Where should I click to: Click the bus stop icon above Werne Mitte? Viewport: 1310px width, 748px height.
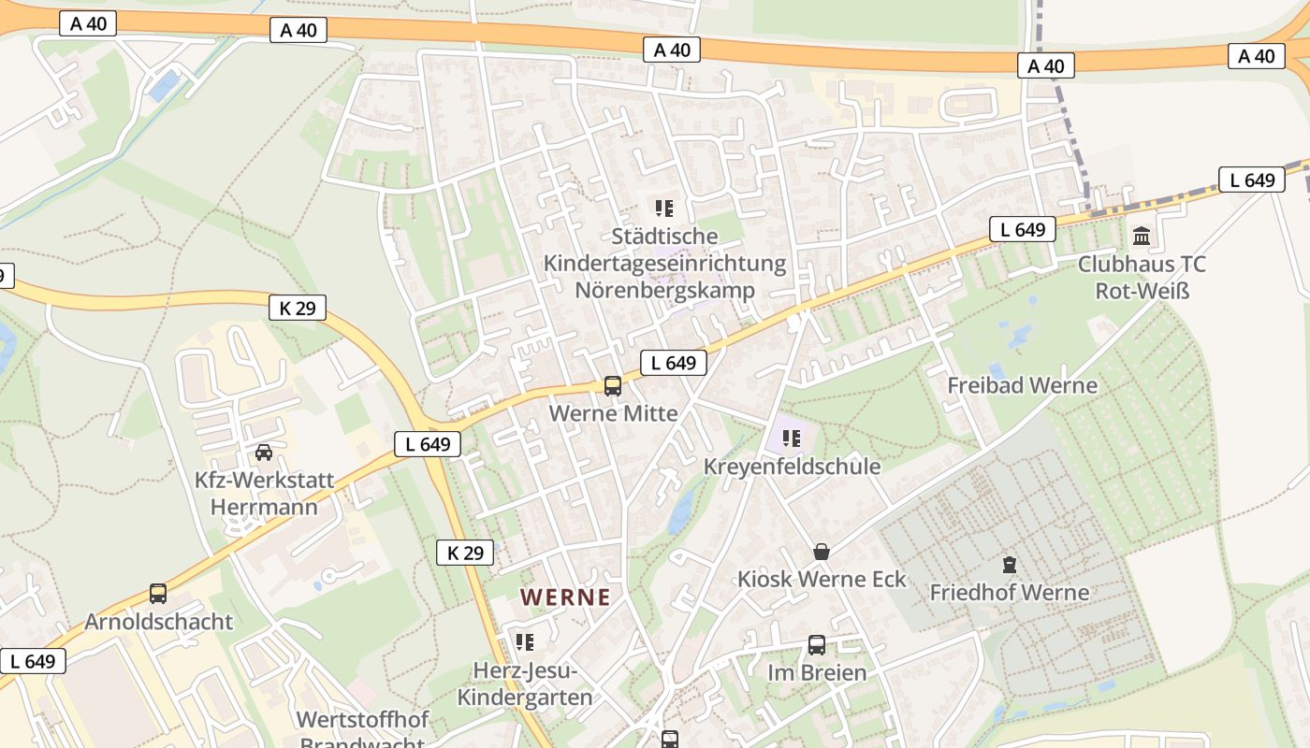(x=613, y=385)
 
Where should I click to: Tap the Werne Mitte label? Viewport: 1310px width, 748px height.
(x=613, y=412)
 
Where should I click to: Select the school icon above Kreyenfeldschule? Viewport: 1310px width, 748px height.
(x=792, y=438)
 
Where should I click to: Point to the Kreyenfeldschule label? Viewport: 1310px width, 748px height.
(x=792, y=466)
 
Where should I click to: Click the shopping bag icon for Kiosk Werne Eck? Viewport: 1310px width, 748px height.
(x=821, y=552)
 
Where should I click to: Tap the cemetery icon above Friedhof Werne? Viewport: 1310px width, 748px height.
(x=1009, y=565)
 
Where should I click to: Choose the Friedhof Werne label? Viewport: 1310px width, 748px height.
(x=1009, y=592)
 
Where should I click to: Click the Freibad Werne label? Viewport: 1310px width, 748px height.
(x=1022, y=385)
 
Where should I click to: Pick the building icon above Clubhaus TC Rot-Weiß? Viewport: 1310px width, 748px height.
(x=1142, y=236)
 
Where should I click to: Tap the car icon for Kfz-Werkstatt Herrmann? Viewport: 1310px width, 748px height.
(x=264, y=453)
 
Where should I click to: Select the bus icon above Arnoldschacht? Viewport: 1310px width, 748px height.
(x=158, y=594)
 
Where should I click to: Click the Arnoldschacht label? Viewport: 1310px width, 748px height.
(x=158, y=621)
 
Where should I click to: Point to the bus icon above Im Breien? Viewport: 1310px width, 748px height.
(x=817, y=645)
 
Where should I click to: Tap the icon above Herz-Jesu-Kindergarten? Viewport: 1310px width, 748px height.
(x=524, y=642)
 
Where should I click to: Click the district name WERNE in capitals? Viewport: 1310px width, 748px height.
(x=565, y=597)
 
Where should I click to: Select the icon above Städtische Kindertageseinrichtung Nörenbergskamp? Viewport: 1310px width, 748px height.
(x=664, y=208)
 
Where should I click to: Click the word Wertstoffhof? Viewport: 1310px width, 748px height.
(x=362, y=720)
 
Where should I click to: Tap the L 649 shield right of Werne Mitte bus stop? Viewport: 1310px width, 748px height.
(x=673, y=363)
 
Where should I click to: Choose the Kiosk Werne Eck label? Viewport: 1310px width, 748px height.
(x=822, y=579)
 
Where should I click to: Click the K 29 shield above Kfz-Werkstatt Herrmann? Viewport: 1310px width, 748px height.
(x=298, y=307)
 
